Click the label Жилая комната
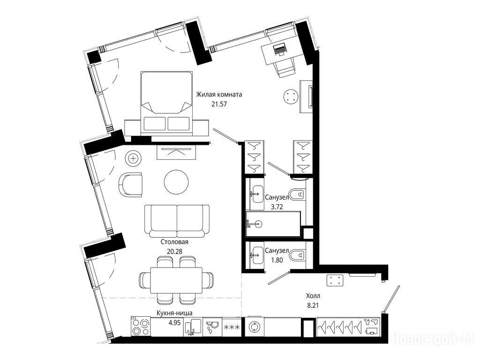pos(219,94)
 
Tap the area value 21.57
pos(219,104)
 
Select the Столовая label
pos(174,242)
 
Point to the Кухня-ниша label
pos(174,313)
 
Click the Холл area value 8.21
pos(313,305)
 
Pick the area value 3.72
pos(277,207)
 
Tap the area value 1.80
pos(277,261)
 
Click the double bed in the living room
pos(166,103)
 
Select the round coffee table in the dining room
pos(176,181)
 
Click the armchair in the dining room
pos(131,185)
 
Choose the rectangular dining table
pos(176,280)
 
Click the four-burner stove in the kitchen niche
pos(141,327)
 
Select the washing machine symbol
pos(254,327)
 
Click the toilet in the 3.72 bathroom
pos(297,194)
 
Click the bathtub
pos(273,224)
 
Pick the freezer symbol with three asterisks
pos(232,327)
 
